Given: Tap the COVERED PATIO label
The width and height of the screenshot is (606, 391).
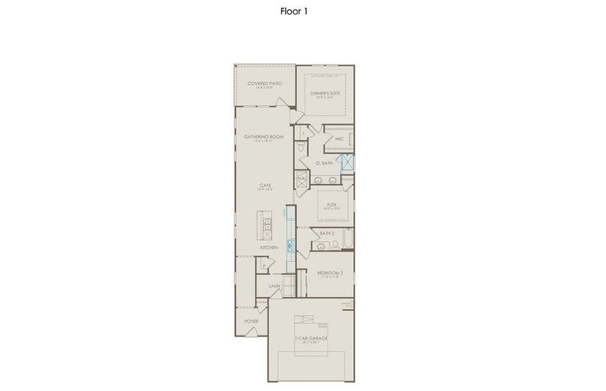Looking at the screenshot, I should point(264,84).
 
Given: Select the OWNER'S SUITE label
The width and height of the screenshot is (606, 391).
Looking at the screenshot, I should point(325,94).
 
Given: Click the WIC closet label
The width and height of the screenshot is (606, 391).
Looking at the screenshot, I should point(339,139).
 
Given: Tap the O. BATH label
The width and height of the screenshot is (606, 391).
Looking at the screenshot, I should point(324,163).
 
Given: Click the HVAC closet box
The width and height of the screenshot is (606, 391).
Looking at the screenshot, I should point(302,179).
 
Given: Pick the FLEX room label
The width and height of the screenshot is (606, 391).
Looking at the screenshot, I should point(332,204).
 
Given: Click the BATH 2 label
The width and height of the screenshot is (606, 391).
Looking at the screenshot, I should point(327,233).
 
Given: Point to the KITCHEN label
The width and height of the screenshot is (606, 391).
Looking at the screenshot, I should point(269,248).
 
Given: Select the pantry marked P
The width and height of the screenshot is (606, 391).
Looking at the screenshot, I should point(264,266).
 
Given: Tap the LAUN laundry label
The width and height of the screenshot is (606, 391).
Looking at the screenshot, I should point(275,285).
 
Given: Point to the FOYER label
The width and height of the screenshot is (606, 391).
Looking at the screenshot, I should point(251,321).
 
